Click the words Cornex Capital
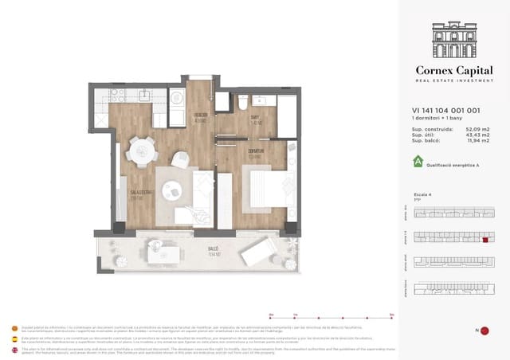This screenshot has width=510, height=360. [456, 70]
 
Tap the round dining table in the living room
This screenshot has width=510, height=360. [144, 150]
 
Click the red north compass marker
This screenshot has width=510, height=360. [484, 330]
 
